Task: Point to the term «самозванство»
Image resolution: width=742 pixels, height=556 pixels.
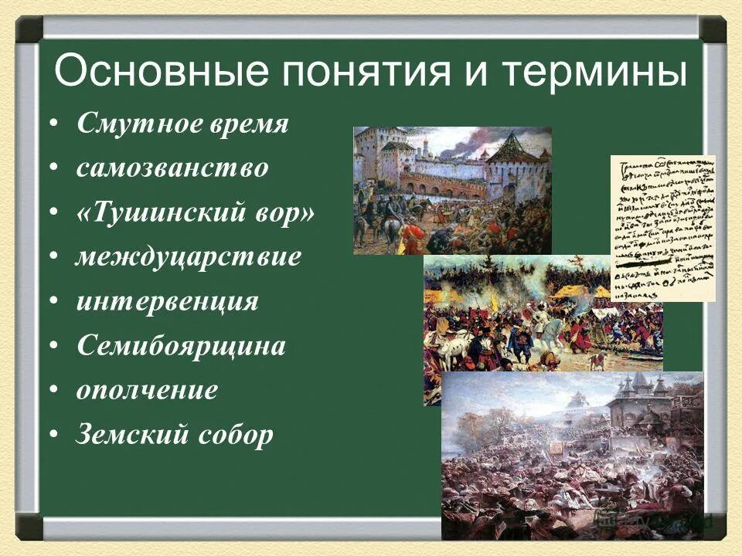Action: (172, 169)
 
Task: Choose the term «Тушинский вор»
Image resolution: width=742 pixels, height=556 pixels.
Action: (195, 213)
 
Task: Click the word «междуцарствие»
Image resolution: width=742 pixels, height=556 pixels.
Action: (188, 257)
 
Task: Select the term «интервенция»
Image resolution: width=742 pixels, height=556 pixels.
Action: (168, 301)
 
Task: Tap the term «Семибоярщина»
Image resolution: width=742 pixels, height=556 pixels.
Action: (181, 346)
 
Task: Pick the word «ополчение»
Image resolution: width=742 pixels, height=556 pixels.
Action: (147, 391)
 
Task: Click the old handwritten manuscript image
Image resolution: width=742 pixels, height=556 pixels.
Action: (663, 228)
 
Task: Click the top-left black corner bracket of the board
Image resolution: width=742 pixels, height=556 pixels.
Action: (30, 29)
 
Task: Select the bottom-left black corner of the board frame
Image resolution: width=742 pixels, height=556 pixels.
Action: (30, 526)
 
